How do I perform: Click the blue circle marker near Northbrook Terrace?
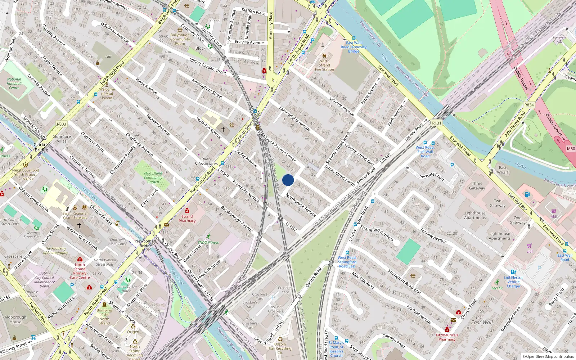point(288,180)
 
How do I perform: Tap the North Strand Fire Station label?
point(324,65)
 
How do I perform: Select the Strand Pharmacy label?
point(187,219)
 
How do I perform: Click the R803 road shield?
point(62,124)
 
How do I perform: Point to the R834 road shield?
point(529,105)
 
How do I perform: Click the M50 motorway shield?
point(571,149)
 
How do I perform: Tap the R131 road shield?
point(436,123)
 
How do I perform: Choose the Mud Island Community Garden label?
point(153,177)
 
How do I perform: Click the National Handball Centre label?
point(14,84)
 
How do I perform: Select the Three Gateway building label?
point(477,186)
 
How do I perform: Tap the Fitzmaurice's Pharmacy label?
point(447,337)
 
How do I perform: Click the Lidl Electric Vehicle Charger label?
point(514,282)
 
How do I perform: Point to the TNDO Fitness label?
point(208,242)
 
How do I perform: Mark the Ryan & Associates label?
point(206,161)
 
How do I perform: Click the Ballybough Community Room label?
point(180,39)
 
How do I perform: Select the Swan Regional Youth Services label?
point(75,215)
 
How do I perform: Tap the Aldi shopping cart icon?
point(554,211)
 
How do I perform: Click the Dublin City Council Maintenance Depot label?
point(45,280)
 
